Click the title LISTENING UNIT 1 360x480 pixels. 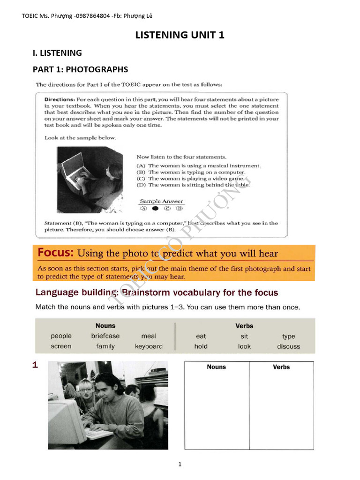[x=180, y=35]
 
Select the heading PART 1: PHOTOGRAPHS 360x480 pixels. [x=80, y=69]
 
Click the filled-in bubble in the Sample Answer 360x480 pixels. [x=155, y=208]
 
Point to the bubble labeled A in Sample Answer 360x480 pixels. [x=143, y=208]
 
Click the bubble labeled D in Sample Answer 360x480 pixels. [x=179, y=208]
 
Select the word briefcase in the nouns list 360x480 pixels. [x=105, y=336]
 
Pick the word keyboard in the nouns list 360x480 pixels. [x=149, y=346]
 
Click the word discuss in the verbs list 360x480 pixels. [x=288, y=346]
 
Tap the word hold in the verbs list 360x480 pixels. [x=201, y=346]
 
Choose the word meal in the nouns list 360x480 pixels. [x=149, y=336]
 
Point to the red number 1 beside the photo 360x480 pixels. [x=35, y=366]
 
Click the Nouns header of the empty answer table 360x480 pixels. [x=216, y=367]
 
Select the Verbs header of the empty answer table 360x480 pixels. [x=281, y=367]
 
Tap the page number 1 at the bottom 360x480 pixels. [x=180, y=465]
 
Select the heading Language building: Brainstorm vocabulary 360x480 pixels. [x=157, y=293]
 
